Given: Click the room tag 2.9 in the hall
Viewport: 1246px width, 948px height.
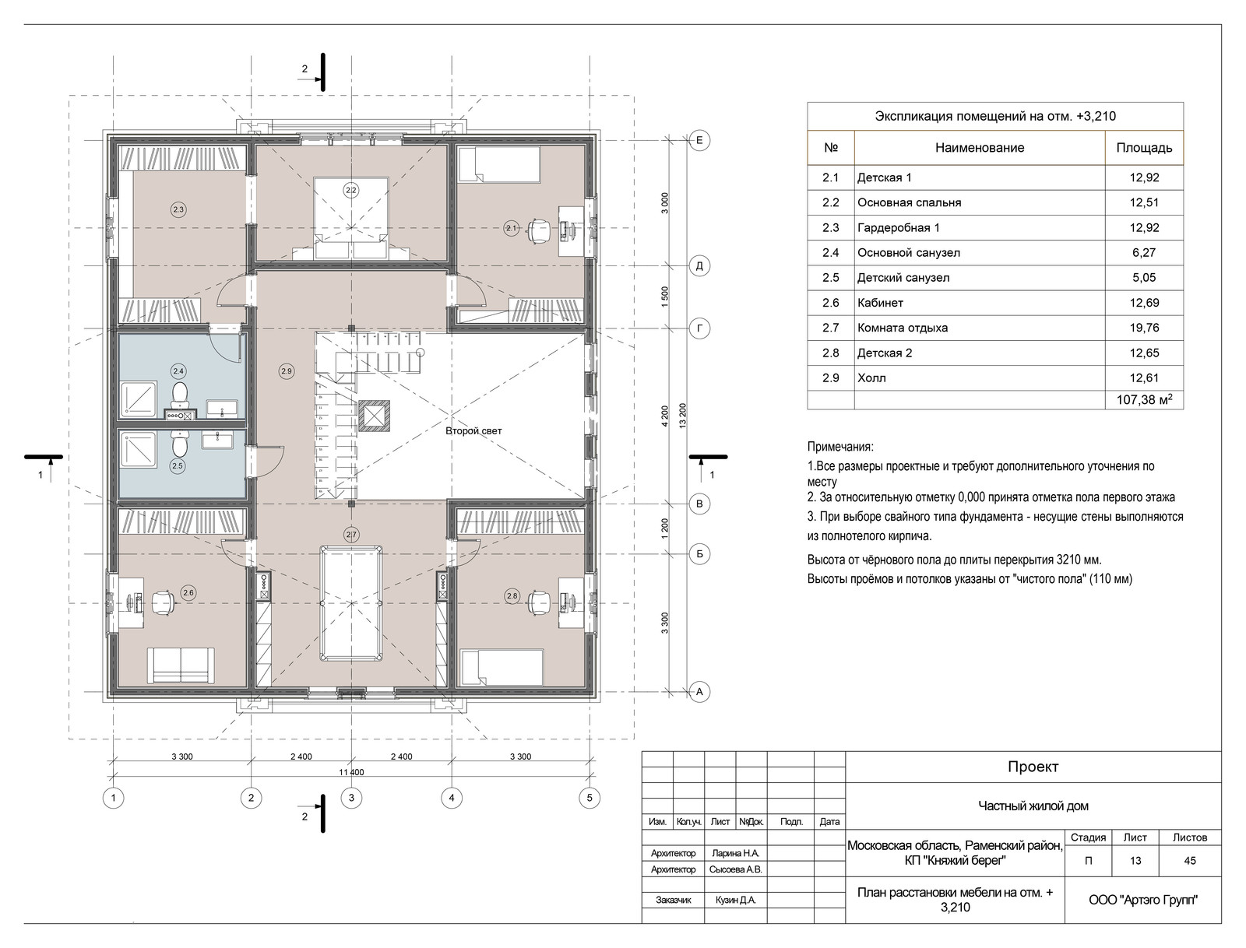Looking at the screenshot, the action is [x=286, y=371].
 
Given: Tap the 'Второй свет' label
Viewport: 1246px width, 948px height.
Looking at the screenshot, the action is [x=473, y=431].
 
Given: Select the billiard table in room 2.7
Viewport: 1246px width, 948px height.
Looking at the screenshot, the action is [x=350, y=604].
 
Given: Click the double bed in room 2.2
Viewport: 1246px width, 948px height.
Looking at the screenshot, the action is [x=351, y=219].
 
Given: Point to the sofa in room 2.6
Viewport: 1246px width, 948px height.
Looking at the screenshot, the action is [x=181, y=665].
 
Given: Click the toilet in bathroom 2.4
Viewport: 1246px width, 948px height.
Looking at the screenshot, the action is [x=180, y=394].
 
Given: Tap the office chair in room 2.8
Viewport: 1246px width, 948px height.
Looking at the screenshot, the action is [x=539, y=602].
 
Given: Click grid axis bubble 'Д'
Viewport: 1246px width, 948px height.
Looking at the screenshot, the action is [x=699, y=265].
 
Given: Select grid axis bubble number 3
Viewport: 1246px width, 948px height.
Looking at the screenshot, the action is [x=351, y=798].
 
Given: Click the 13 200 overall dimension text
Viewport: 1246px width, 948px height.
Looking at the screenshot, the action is [x=682, y=416].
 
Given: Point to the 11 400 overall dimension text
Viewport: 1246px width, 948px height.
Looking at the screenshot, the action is [x=351, y=772].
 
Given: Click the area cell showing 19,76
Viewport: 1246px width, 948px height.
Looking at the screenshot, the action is [x=1144, y=328].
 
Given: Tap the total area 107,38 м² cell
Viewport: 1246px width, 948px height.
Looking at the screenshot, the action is [x=1144, y=399].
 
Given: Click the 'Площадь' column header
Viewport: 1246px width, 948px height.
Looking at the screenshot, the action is [x=1144, y=148].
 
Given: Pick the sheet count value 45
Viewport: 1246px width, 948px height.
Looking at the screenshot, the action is [x=1190, y=861].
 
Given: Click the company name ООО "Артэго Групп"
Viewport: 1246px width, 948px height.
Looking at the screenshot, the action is [x=1142, y=901].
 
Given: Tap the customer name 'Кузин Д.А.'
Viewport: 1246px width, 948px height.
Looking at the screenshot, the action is [x=736, y=901].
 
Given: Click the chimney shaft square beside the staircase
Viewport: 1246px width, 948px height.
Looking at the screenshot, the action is [x=374, y=416].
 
